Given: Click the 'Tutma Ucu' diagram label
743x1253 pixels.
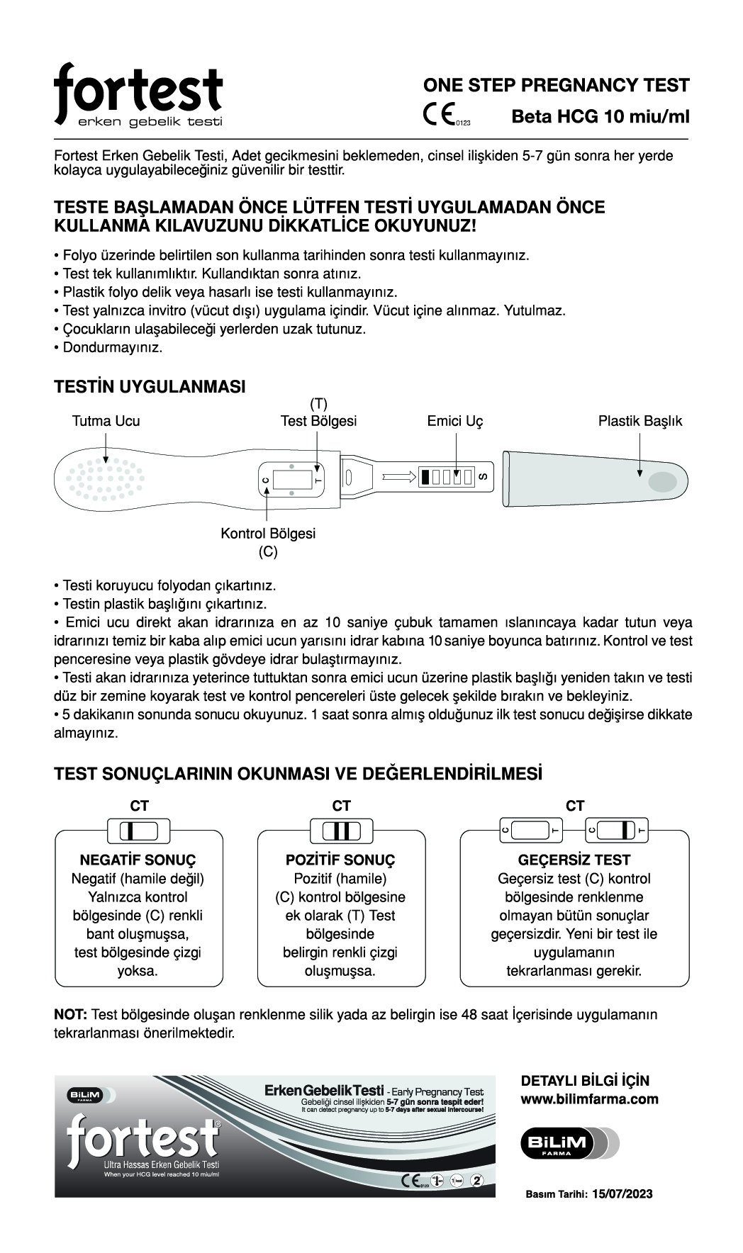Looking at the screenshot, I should pyautogui.click(x=106, y=421).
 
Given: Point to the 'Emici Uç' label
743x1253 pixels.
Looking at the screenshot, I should pyautogui.click(x=454, y=421).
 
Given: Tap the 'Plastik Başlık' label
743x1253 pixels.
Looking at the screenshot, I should pyautogui.click(x=639, y=421).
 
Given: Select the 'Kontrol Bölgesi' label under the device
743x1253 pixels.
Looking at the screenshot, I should pyautogui.click(x=268, y=533).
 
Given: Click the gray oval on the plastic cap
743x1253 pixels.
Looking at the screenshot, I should pyautogui.click(x=662, y=481).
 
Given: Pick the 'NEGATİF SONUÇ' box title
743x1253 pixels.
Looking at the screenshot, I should pyautogui.click(x=138, y=860).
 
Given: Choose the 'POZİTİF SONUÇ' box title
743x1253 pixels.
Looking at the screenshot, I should pyautogui.click(x=340, y=860).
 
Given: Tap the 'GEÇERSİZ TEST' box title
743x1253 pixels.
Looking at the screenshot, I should pyautogui.click(x=574, y=860).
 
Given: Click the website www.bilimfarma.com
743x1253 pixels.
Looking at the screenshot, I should pyautogui.click(x=589, y=1099).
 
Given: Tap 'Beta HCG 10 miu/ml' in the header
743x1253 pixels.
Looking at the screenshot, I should pyautogui.click(x=600, y=116).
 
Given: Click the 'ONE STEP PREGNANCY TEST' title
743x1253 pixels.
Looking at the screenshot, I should pyautogui.click(x=556, y=86).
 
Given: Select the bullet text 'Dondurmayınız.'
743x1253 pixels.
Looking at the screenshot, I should pyautogui.click(x=113, y=348).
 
